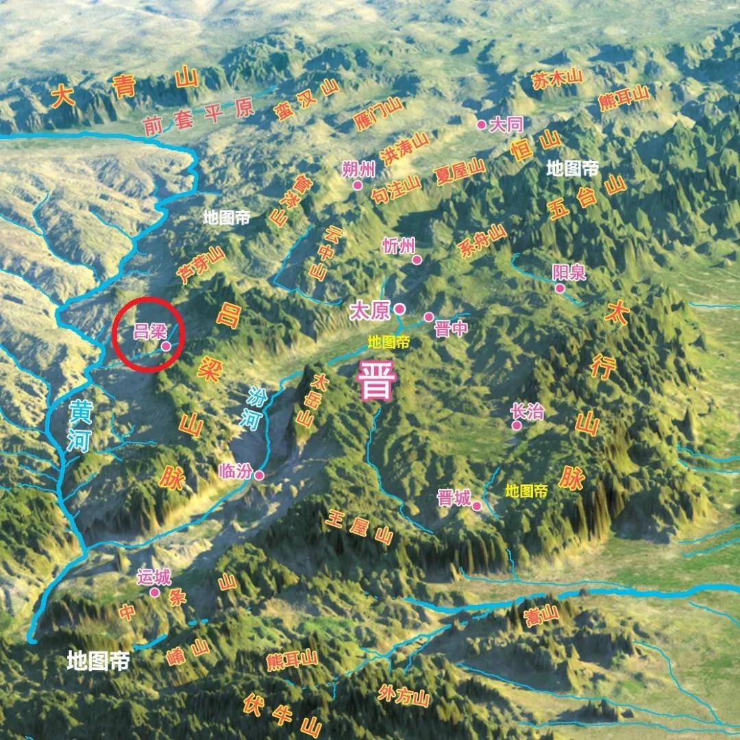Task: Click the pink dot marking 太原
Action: (399, 308)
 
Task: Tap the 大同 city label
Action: (508, 124)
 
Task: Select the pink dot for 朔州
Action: (357, 185)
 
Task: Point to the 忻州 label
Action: (399, 245)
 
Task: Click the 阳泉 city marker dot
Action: (560, 288)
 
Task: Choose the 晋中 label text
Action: (451, 329)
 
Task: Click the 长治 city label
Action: (527, 411)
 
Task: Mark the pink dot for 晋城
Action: (477, 506)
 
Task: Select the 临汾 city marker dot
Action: (259, 475)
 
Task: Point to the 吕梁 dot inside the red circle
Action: (166, 347)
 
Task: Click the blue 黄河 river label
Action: (79, 426)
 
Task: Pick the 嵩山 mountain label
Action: (541, 616)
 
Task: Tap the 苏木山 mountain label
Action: (556, 78)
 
